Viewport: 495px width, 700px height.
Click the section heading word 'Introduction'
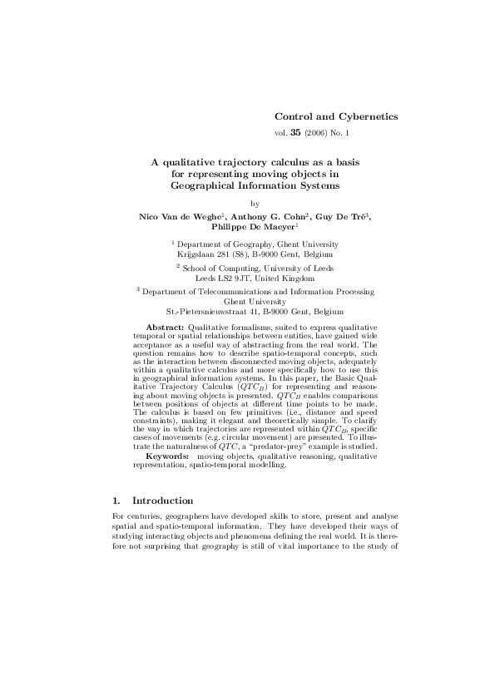(162, 500)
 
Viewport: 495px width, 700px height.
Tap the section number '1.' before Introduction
(116, 500)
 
